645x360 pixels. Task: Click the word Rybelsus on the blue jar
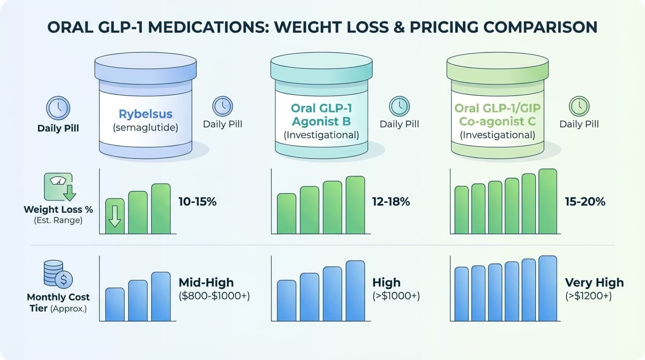click(x=145, y=113)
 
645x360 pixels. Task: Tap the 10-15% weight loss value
click(x=197, y=202)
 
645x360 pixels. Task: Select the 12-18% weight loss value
click(x=391, y=202)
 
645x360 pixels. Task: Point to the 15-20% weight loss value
click(x=585, y=202)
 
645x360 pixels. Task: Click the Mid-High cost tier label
click(x=206, y=282)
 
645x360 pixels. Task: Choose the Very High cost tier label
click(x=594, y=283)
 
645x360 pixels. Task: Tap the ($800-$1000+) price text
click(x=214, y=296)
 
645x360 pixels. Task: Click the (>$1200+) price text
click(x=588, y=296)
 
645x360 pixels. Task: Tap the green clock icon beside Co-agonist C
click(x=578, y=106)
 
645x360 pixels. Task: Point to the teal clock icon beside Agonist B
click(x=399, y=106)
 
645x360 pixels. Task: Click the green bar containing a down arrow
click(x=115, y=216)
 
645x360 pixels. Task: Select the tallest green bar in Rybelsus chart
click(x=161, y=208)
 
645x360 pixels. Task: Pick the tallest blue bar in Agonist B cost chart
click(x=355, y=291)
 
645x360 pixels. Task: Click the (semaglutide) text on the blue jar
click(x=145, y=127)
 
